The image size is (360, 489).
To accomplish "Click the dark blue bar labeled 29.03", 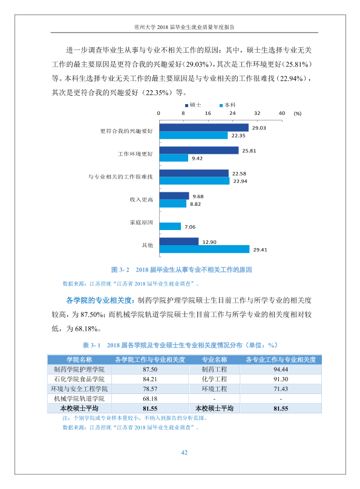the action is (x=204, y=128).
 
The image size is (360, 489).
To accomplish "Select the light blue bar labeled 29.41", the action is (x=205, y=249).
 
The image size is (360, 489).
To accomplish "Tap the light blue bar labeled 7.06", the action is (x=170, y=226).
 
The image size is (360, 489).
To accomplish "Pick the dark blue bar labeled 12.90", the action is (x=179, y=241).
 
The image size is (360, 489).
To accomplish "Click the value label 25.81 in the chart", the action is (x=249, y=151).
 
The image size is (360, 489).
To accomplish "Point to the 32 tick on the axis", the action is (x=257, y=113).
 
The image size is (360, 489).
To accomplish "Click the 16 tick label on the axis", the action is (x=208, y=113).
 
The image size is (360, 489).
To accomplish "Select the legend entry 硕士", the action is (x=193, y=105).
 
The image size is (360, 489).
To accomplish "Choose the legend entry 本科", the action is (x=227, y=105).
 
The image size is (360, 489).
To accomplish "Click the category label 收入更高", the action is (x=141, y=200).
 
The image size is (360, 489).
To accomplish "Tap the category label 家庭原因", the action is (x=141, y=222).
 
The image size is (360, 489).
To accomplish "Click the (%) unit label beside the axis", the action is (x=297, y=114).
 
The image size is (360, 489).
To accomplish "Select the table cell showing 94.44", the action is (x=281, y=370).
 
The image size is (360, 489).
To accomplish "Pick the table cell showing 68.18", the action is (x=150, y=399).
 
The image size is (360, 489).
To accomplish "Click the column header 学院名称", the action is (x=79, y=359).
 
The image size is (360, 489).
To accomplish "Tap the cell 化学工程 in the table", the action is (x=214, y=379).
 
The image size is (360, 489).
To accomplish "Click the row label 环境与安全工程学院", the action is (x=79, y=389).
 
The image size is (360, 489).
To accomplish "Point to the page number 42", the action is (x=184, y=453).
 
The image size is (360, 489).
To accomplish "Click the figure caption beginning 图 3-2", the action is (x=182, y=270).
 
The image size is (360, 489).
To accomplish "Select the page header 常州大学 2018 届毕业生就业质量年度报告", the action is (x=184, y=27).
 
